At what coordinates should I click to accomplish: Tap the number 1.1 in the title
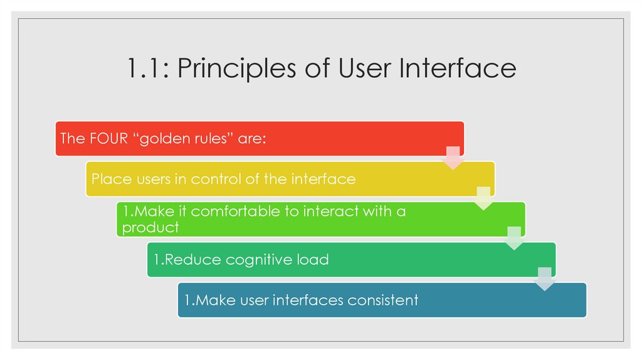pyautogui.click(x=146, y=68)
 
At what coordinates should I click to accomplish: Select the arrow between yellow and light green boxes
pyautogui.click(x=483, y=198)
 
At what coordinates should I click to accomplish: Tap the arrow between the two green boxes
pyautogui.click(x=514, y=238)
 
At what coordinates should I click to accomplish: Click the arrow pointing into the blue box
pyautogui.click(x=545, y=278)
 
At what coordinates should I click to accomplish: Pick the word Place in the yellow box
pyautogui.click(x=110, y=179)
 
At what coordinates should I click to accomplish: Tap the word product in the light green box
pyautogui.click(x=150, y=228)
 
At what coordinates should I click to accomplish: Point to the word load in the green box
pyautogui.click(x=313, y=260)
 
